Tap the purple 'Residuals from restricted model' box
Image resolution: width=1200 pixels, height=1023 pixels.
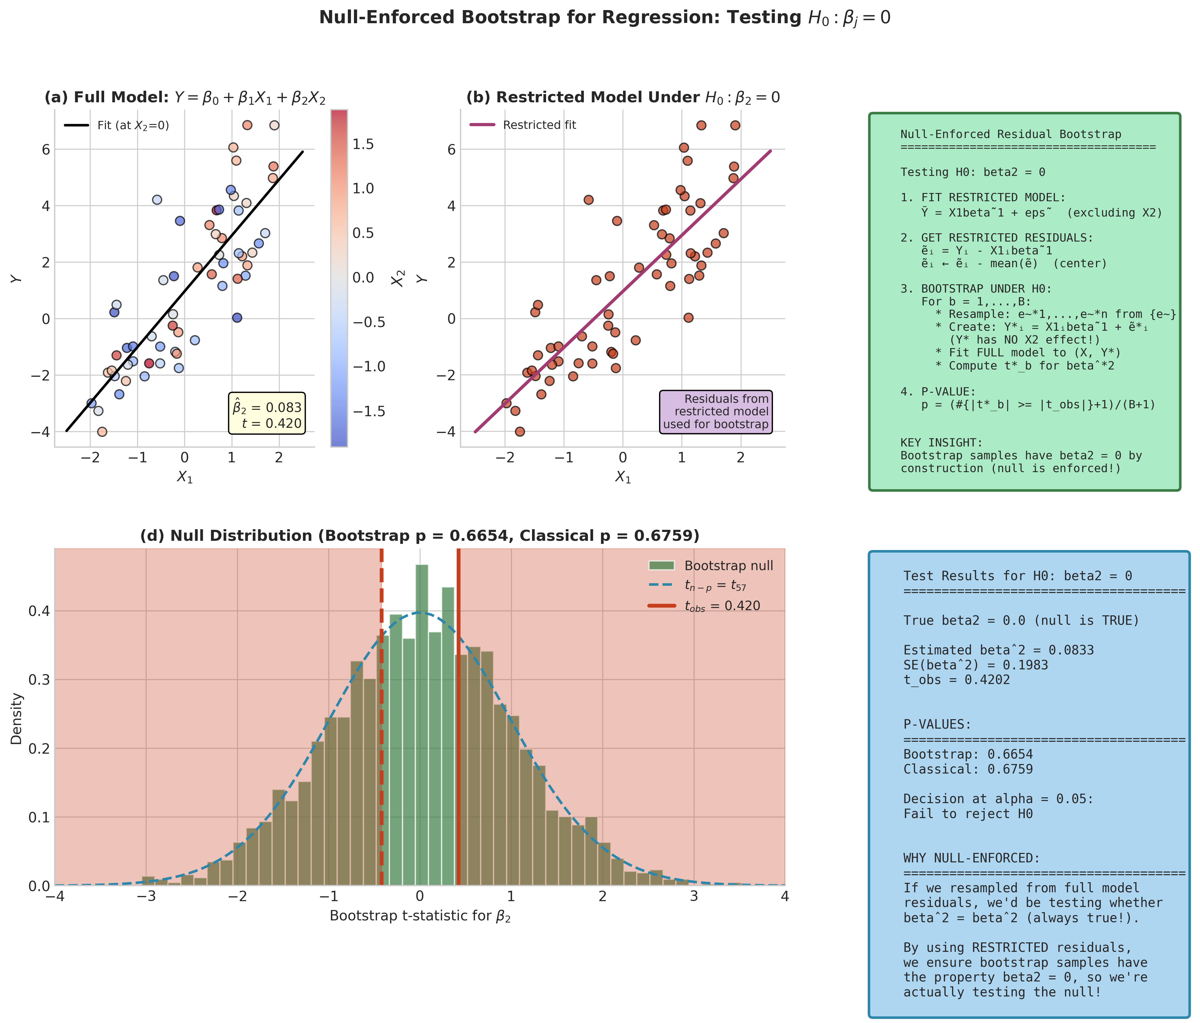point(716,412)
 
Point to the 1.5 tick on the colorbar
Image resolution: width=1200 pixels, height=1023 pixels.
point(363,144)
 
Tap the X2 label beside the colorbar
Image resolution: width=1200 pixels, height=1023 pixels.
point(397,279)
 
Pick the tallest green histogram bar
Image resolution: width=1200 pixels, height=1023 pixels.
point(422,724)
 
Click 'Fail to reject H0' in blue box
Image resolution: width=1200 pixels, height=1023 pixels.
point(968,814)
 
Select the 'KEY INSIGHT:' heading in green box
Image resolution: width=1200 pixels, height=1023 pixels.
point(941,443)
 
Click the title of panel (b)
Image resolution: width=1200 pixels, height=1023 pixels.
point(622,97)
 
